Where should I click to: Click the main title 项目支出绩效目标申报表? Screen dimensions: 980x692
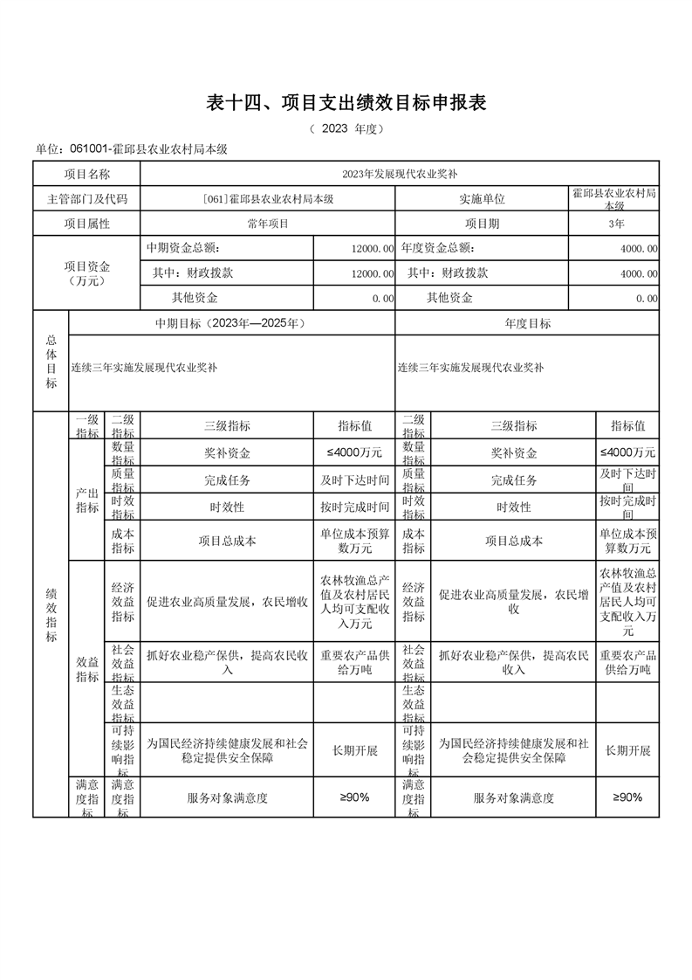pos(346,103)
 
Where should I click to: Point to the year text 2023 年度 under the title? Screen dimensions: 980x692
pos(346,129)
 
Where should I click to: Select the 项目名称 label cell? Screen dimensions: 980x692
pos(86,174)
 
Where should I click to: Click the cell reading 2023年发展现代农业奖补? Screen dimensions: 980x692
pos(399,174)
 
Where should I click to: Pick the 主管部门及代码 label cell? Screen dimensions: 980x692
pos(86,199)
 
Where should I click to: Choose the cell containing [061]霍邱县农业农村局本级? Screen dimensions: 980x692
pos(268,199)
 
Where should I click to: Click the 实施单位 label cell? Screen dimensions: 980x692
pos(482,199)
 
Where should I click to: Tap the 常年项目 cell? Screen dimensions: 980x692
pos(268,224)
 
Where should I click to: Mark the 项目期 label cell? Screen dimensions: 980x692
pos(482,224)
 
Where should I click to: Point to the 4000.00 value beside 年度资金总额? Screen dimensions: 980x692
pos(639,249)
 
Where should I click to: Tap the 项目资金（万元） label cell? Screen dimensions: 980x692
pos(86,273)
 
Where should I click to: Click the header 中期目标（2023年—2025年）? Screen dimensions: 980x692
pos(230,323)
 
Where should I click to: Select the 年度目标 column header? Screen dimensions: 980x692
pos(527,323)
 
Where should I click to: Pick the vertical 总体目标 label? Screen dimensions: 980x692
pos(51,361)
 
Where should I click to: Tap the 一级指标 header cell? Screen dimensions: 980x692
pos(86,426)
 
